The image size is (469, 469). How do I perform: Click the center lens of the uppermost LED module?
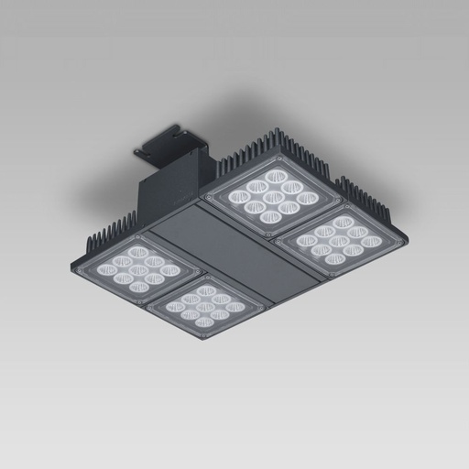(x=272, y=193)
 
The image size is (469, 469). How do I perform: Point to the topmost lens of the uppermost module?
(x=276, y=175)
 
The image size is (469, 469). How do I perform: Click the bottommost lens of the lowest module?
(x=204, y=322)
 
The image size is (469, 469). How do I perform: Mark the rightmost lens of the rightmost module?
(x=370, y=242)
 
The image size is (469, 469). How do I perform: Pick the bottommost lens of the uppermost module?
(x=269, y=216)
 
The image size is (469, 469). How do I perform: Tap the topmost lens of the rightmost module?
(x=343, y=221)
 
